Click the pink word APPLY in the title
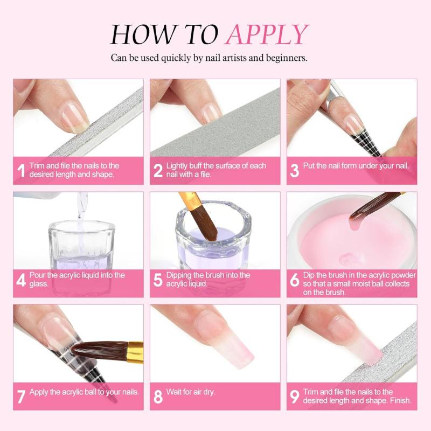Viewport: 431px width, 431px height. click(267, 34)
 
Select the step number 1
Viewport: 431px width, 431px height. click(22, 171)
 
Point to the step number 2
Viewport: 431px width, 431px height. click(158, 171)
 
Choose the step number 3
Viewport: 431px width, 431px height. click(295, 171)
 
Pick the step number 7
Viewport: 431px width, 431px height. click(22, 396)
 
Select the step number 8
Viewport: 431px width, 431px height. click(158, 397)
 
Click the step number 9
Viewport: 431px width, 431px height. click(295, 397)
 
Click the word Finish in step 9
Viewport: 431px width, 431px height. click(398, 400)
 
